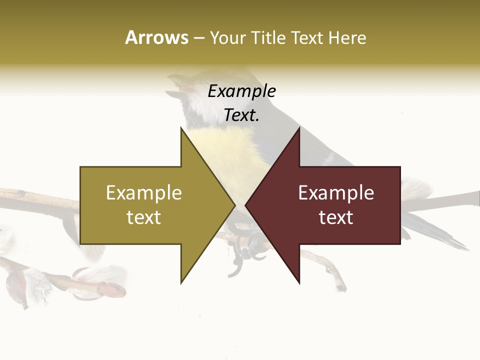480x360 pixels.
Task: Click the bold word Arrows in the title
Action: (x=156, y=37)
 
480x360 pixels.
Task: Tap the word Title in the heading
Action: (x=268, y=37)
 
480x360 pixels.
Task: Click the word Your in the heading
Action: (x=227, y=38)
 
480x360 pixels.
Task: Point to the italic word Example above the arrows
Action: (x=242, y=91)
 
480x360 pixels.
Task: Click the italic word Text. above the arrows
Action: (x=242, y=115)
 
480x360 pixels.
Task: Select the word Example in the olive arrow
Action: (x=144, y=193)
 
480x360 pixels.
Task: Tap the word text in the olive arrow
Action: (x=144, y=217)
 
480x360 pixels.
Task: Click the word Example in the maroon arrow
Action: (x=336, y=193)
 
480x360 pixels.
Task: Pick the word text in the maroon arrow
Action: (x=336, y=217)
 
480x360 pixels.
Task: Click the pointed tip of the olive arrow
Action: (x=234, y=204)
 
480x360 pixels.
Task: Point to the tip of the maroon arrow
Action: (x=246, y=204)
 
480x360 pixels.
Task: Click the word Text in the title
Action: (x=307, y=37)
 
